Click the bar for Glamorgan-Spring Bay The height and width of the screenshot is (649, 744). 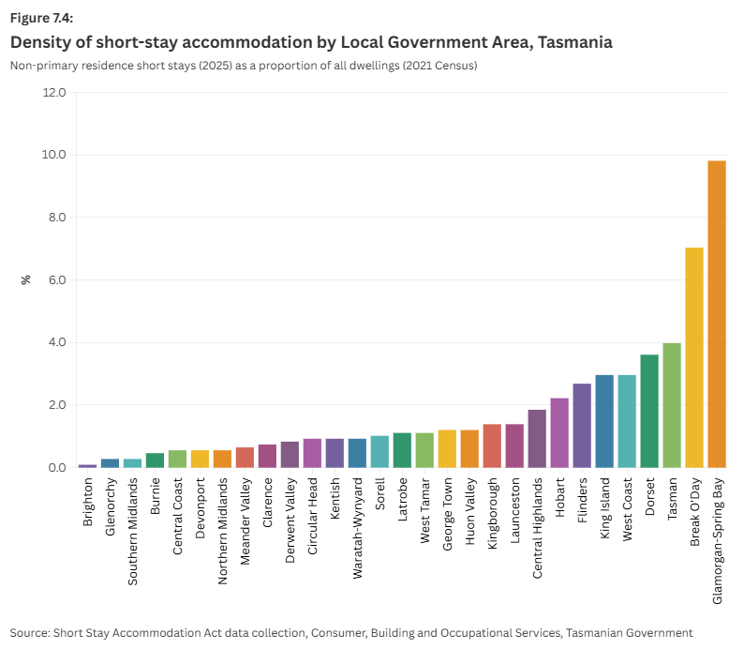717,314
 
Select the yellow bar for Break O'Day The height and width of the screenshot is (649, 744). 694,357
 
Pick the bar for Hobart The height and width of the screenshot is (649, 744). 559,432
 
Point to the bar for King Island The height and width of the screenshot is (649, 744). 604,421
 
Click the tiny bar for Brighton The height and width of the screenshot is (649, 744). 87,465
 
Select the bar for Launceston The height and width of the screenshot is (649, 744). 514,445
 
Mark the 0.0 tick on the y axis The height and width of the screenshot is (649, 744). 54,468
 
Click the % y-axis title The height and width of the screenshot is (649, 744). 26,279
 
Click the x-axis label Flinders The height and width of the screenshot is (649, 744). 582,502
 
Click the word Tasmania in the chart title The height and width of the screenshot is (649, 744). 571,42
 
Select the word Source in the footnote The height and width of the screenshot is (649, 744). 30,633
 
